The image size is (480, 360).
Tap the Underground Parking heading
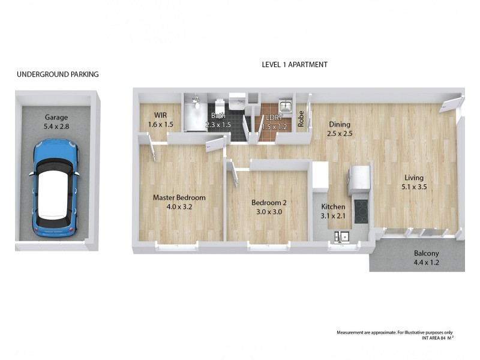pyautogui.click(x=58, y=74)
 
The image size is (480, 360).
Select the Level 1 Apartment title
pyautogui.click(x=295, y=65)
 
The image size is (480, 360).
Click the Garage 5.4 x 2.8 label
pyautogui.click(x=55, y=122)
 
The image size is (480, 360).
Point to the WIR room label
pyautogui.click(x=160, y=119)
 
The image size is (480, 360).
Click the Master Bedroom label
pyautogui.click(x=179, y=202)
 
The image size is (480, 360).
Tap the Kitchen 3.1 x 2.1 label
pyautogui.click(x=333, y=211)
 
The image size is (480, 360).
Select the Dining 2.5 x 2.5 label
pyautogui.click(x=339, y=129)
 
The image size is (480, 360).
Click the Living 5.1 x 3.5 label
pyautogui.click(x=413, y=182)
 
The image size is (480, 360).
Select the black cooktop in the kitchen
pyautogui.click(x=361, y=211)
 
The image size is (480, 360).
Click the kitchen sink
pyautogui.click(x=343, y=237)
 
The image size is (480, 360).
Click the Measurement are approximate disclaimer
pyautogui.click(x=394, y=332)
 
